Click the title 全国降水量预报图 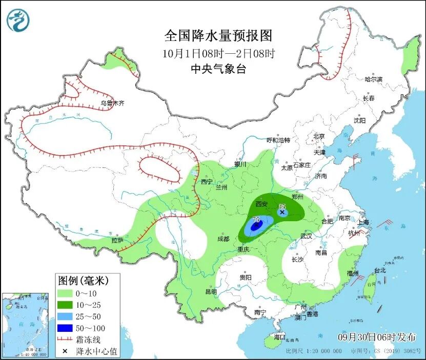217,36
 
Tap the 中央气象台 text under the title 218,69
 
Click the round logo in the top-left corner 18,20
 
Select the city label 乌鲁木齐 112,103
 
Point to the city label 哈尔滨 373,79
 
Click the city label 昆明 211,291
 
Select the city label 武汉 307,237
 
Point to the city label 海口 279,337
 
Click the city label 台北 379,270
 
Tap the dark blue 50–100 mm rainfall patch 257,224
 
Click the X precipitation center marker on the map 282,212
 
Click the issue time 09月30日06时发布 377,336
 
